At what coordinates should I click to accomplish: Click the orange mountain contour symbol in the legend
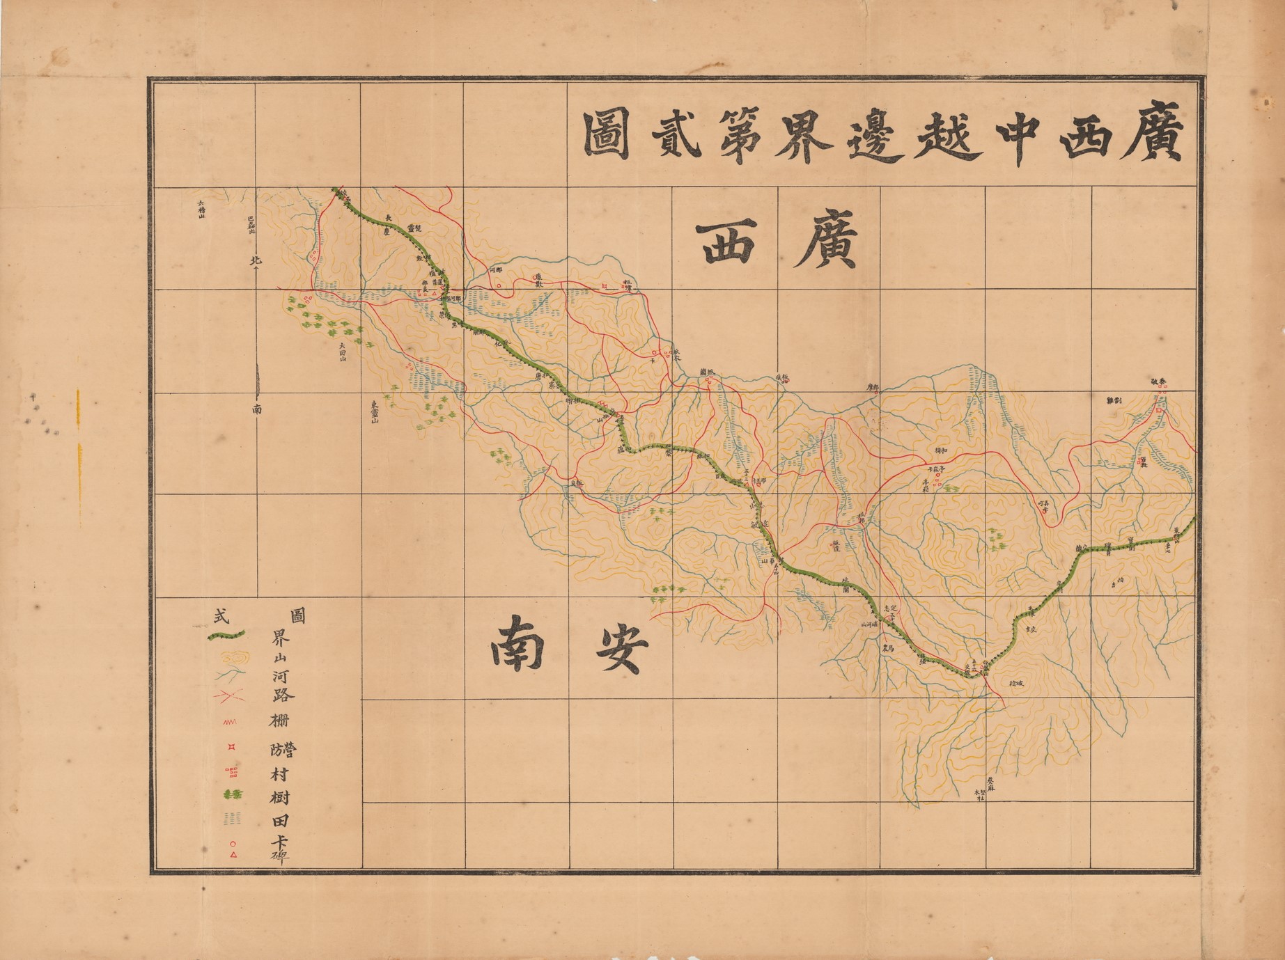point(233,656)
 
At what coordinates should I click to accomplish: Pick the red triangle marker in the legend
point(233,855)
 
